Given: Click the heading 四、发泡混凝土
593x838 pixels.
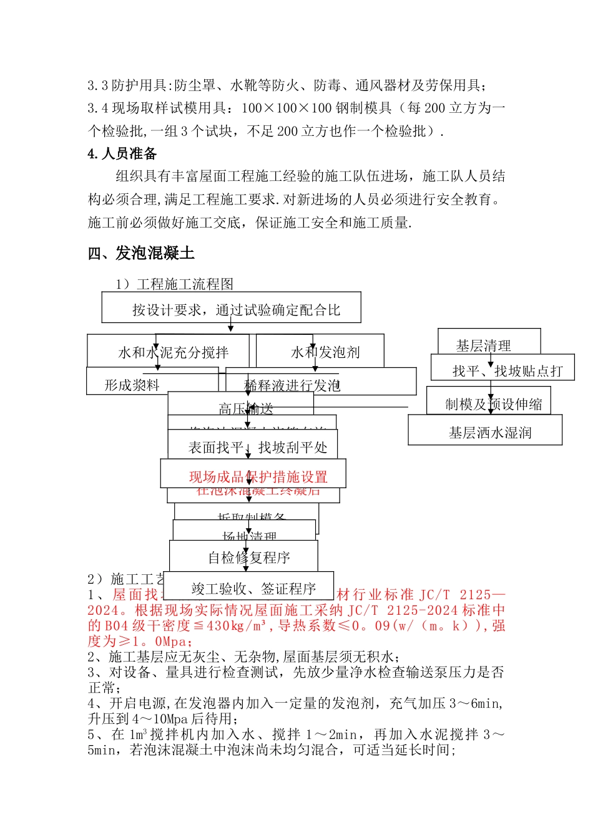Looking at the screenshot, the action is [141, 253].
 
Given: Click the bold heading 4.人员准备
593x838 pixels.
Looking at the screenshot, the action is [122, 154].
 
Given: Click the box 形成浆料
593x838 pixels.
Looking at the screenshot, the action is [132, 385].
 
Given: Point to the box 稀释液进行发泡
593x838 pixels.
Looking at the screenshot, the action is [292, 386].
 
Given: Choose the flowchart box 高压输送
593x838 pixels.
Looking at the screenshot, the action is [245, 408].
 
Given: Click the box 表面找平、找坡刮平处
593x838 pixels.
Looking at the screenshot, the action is [257, 447].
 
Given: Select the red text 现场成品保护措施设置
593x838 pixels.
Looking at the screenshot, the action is [258, 477].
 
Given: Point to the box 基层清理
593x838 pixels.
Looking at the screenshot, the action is [483, 345].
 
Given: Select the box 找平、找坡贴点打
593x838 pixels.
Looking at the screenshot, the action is [507, 371].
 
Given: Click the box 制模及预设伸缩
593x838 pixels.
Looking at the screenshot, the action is [493, 404].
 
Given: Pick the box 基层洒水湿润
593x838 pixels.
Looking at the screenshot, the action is [489, 433].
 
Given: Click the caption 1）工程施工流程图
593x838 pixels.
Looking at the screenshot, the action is [174, 284].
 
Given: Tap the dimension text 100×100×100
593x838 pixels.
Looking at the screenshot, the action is [286, 108].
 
